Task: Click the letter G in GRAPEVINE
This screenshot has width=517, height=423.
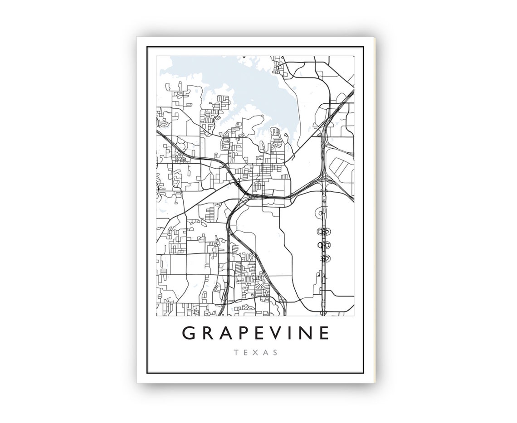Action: [x=189, y=333]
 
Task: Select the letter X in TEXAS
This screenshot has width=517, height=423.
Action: [x=256, y=352]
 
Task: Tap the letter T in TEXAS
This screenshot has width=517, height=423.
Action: [x=236, y=352]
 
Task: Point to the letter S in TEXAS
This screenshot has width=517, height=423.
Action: [x=276, y=352]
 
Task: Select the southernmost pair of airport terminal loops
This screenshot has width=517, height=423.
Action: [x=324, y=258]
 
